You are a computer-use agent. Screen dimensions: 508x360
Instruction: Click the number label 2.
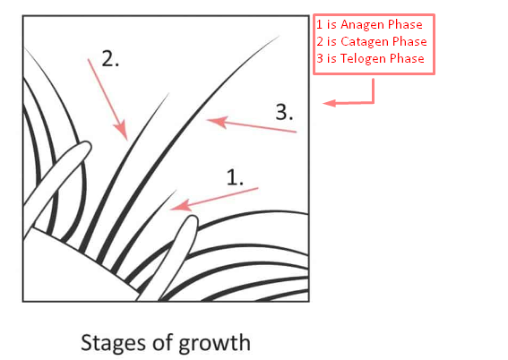(110, 58)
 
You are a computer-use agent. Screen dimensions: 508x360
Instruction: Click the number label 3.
(284, 112)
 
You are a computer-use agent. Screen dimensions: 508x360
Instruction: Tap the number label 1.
(235, 177)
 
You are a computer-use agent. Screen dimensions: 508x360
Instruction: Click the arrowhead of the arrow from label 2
(122, 131)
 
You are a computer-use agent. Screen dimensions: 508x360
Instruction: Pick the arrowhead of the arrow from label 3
(216, 122)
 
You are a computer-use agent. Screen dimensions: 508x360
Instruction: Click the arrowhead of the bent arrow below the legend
(329, 103)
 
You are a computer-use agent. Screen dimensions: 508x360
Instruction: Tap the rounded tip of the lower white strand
(191, 220)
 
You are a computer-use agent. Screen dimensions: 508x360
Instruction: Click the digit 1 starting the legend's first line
(320, 24)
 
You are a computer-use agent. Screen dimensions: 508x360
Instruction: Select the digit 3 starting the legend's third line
(320, 58)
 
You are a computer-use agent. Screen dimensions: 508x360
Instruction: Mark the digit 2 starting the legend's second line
(320, 41)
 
